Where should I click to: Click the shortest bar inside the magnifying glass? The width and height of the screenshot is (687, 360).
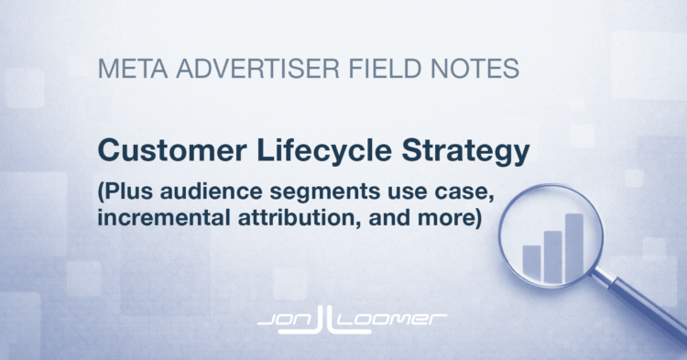(x=531, y=261)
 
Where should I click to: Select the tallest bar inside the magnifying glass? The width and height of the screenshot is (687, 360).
(x=574, y=245)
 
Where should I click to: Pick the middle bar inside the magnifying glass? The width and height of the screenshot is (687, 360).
(x=552, y=254)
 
